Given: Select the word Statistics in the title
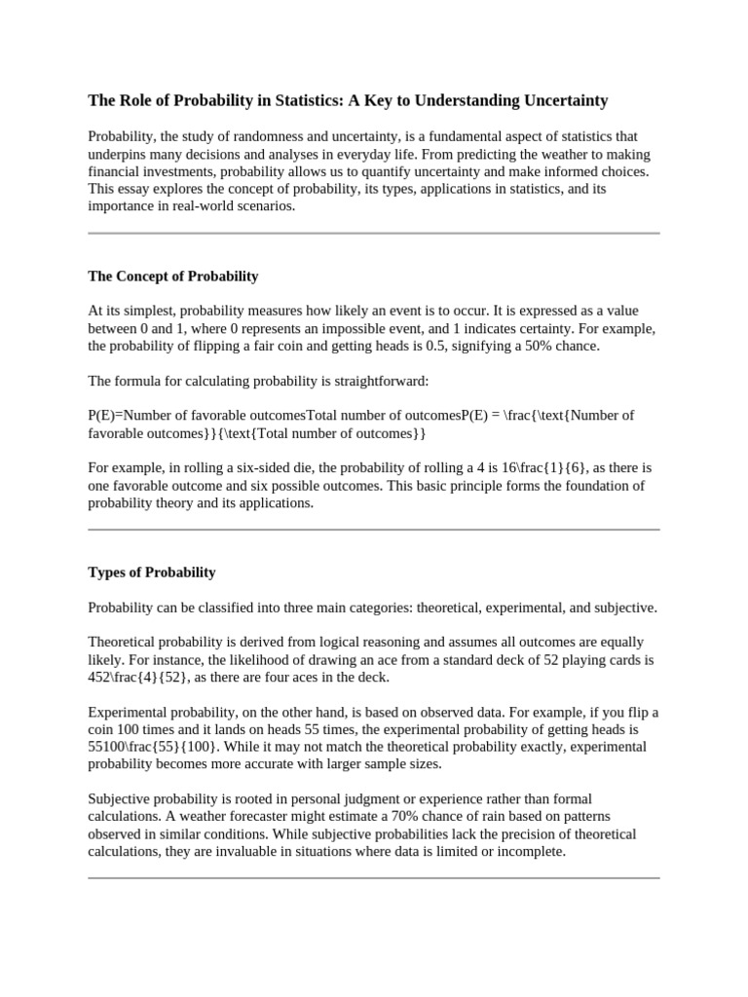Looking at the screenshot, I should [x=316, y=100].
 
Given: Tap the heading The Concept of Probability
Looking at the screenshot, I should [x=172, y=276].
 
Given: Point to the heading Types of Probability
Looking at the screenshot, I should [x=151, y=572].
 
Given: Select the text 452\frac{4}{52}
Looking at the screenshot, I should [x=140, y=677].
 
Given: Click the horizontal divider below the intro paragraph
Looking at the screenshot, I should [x=374, y=234].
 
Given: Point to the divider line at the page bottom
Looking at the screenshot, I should [x=374, y=878].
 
